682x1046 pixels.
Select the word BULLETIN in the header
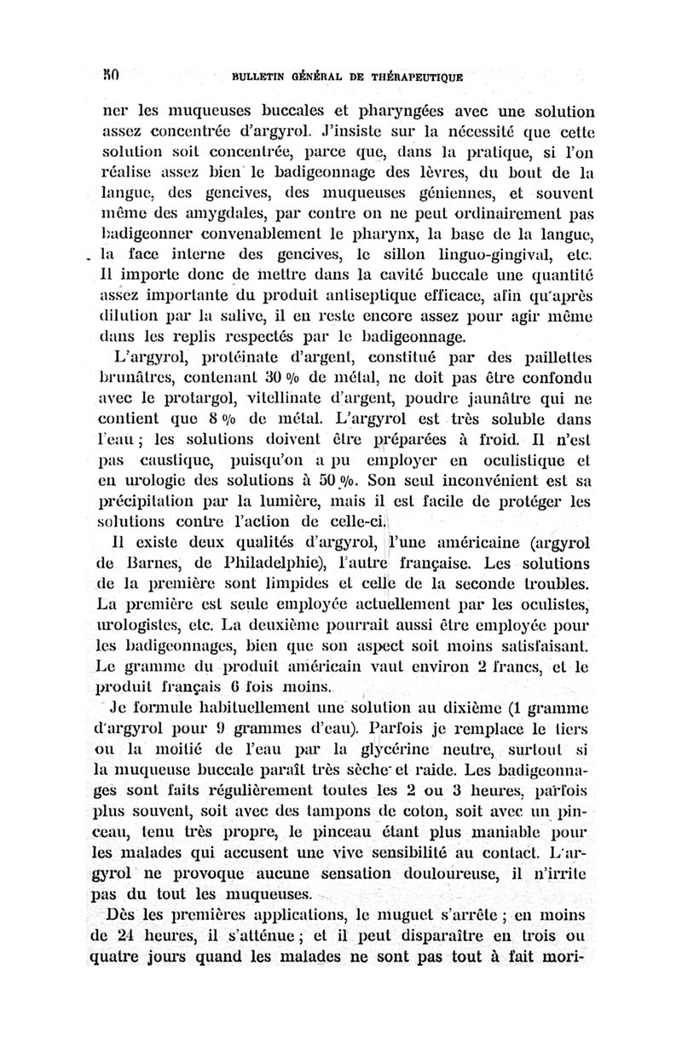pyautogui.click(x=248, y=74)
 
